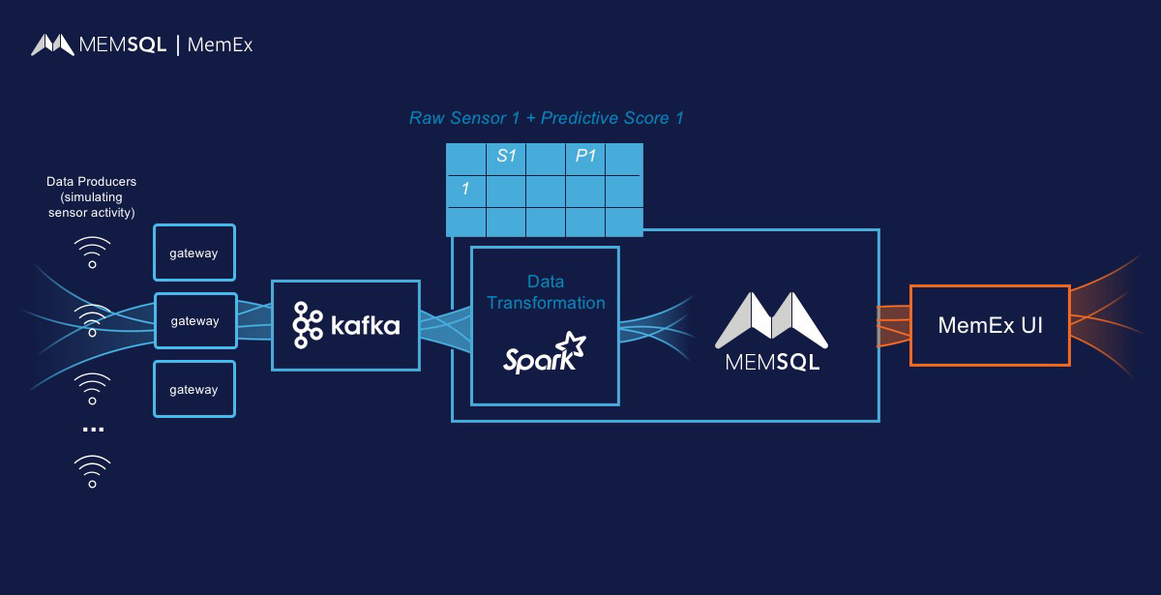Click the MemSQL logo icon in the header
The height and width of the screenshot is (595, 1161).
tap(53, 45)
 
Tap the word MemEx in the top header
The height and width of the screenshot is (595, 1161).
tap(220, 45)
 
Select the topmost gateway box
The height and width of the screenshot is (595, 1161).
tap(194, 253)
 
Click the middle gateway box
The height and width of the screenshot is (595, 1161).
tap(194, 321)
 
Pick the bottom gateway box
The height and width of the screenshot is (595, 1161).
tap(194, 390)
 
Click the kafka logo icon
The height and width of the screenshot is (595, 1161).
tap(308, 325)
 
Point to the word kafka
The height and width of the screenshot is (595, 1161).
tap(365, 326)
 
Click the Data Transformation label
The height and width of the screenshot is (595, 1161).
tap(546, 292)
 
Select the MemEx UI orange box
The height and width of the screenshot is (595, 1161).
tap(990, 325)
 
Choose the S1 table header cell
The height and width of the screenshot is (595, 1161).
tap(506, 157)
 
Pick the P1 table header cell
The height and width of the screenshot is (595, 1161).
tap(585, 157)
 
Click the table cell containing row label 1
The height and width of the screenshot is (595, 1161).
tap(465, 190)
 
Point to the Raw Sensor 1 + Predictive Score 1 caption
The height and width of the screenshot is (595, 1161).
tap(547, 118)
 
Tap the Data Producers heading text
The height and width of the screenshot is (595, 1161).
tap(92, 182)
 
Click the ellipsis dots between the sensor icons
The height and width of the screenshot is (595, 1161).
tap(93, 429)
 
